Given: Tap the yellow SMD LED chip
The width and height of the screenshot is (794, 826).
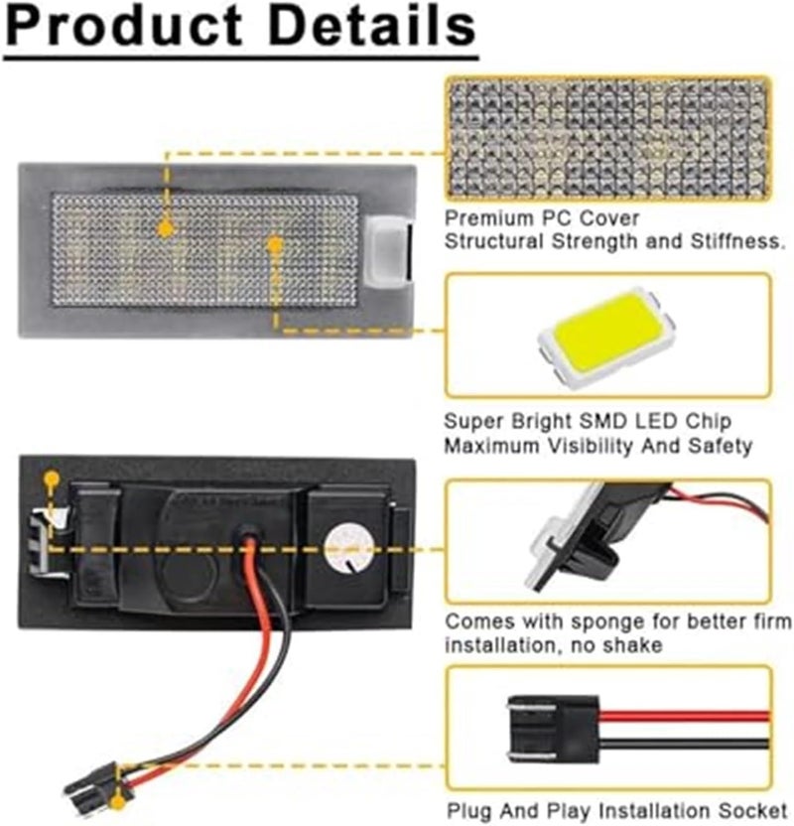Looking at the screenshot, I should point(602,334).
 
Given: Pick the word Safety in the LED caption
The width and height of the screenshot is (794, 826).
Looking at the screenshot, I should point(726,448).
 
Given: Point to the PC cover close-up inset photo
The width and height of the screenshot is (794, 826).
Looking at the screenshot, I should point(606,138).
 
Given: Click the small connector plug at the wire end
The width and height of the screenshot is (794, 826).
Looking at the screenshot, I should point(92,781).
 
